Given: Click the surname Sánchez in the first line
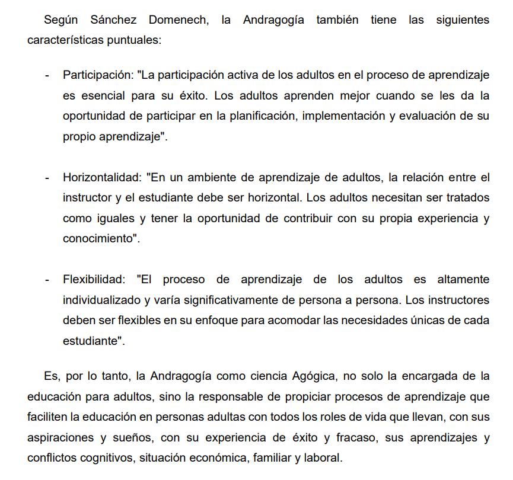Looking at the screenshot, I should [114, 20].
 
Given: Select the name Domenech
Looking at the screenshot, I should [179, 20].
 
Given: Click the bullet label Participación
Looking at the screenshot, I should [97, 75].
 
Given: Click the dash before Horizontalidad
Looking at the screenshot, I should [47, 178].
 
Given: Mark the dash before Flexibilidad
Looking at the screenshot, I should [47, 280].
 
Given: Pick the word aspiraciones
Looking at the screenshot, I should [59, 437].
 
